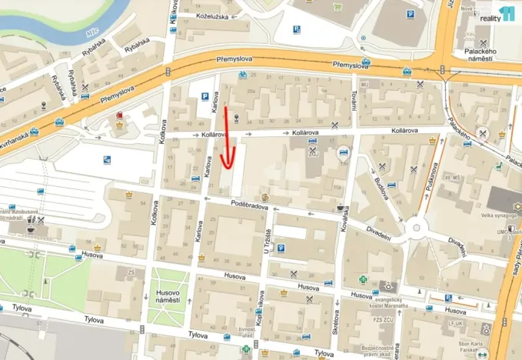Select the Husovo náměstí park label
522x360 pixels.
[168, 294]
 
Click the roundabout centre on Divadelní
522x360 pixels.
[417, 228]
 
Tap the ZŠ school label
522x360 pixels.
[131, 271]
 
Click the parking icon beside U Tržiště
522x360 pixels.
[281, 248]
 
